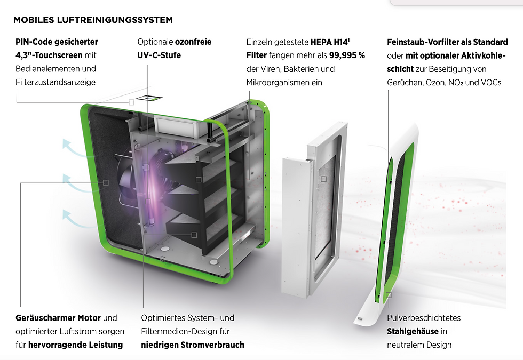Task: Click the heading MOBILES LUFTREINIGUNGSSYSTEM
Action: point(93,20)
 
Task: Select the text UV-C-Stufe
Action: point(159,55)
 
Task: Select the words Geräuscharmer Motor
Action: point(58,318)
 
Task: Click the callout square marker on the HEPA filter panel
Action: point(323,179)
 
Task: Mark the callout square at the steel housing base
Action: point(389,294)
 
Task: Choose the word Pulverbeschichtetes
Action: point(424,318)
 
